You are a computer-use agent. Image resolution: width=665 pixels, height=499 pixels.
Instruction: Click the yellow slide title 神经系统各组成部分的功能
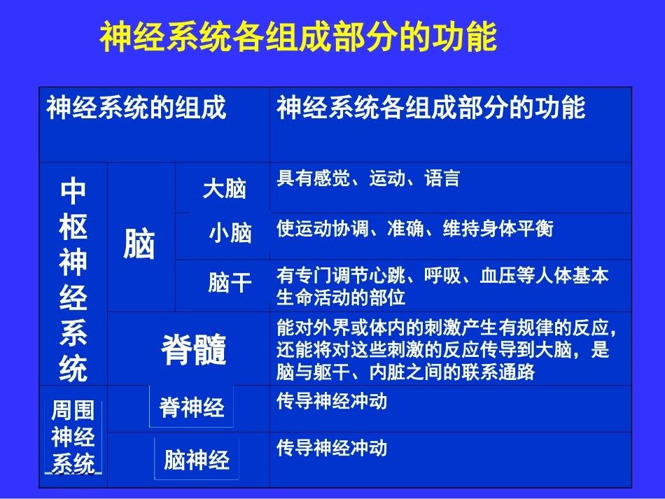point(299,37)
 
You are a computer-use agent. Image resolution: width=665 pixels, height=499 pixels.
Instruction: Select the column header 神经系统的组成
point(136,108)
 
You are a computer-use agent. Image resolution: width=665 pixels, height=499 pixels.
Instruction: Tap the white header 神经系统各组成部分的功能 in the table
point(430,108)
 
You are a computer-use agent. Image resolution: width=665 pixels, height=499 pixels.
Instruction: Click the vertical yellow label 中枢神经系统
point(73,279)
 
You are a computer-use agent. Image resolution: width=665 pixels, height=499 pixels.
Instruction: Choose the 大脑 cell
point(225,188)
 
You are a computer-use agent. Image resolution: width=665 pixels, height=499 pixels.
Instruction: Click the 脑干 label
point(230,282)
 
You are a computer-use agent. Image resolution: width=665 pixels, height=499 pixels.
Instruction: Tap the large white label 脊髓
point(194,349)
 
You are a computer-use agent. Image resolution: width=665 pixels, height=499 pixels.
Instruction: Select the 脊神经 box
point(192,407)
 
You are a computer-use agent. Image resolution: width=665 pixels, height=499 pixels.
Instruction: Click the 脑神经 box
point(197,460)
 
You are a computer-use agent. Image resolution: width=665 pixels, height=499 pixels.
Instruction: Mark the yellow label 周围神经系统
point(73,437)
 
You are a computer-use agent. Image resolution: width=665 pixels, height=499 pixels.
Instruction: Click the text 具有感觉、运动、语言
point(368,178)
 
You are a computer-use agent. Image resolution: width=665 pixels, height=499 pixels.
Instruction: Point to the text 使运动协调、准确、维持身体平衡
point(415,229)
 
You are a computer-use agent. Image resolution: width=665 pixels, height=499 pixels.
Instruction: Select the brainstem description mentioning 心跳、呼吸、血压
point(442,286)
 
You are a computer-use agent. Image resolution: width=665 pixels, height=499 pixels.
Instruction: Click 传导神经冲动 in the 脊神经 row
point(332,402)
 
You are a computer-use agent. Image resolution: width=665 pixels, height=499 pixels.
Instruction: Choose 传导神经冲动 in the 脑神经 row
point(332,447)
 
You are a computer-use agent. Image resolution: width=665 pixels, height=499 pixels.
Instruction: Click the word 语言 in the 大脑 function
point(442,178)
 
